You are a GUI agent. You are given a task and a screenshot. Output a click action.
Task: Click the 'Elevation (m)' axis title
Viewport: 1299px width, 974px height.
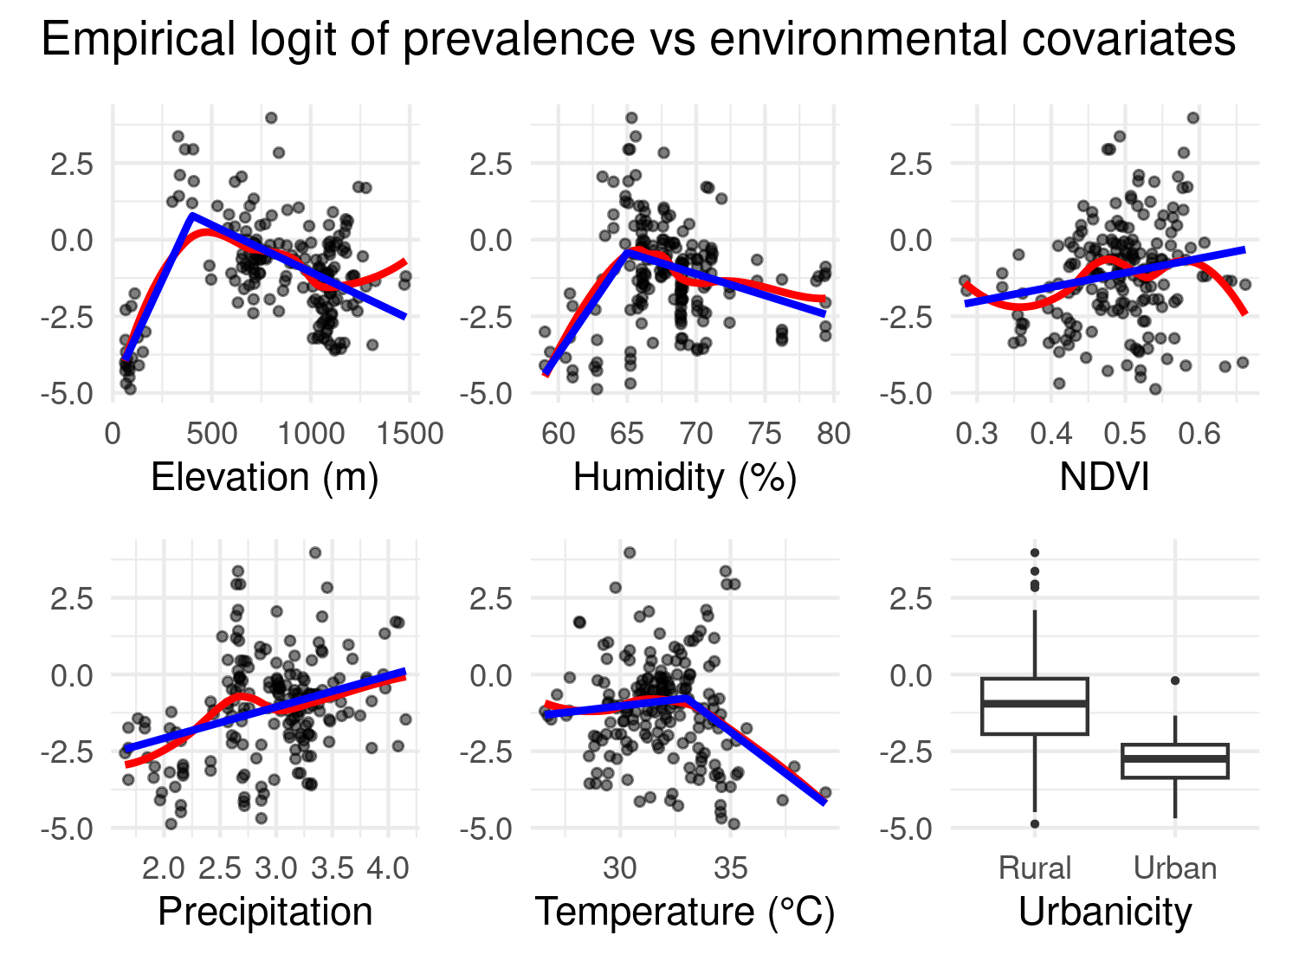click(265, 477)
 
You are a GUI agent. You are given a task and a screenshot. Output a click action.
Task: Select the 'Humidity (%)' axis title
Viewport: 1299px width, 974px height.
click(685, 477)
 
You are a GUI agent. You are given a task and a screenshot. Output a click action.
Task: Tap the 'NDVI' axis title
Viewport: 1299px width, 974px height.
click(1105, 477)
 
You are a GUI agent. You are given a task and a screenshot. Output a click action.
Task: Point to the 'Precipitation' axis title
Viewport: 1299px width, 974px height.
click(265, 912)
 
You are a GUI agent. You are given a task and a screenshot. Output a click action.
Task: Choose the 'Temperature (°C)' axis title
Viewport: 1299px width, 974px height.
click(685, 912)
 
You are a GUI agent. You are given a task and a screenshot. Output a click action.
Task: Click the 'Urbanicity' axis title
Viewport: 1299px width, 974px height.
click(1105, 912)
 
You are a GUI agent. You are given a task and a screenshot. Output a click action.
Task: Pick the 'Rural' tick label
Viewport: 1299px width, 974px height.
click(1035, 868)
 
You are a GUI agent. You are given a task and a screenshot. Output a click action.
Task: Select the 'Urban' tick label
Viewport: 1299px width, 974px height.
click(1175, 868)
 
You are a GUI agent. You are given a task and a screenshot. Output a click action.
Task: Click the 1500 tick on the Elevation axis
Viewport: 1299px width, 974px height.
click(405, 433)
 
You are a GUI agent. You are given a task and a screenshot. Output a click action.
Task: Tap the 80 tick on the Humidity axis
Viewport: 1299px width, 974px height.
click(833, 433)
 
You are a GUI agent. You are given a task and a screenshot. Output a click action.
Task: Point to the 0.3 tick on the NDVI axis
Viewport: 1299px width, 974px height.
click(977, 433)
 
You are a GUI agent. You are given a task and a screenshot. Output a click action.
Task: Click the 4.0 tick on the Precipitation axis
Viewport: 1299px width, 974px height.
click(387, 868)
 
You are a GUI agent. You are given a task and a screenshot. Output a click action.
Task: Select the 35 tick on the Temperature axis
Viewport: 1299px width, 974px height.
click(730, 868)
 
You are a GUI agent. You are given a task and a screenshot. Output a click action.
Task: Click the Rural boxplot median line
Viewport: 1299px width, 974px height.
click(1035, 703)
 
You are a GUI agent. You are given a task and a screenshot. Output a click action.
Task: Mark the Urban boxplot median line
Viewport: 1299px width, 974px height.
click(1175, 758)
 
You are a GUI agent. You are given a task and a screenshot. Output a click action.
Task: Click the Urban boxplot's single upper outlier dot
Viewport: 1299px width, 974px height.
click(1175, 681)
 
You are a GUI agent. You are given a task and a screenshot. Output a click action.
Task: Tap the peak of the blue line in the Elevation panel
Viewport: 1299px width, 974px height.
click(191, 215)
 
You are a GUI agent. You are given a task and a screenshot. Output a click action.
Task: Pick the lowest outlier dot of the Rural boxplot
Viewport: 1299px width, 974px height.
click(1035, 823)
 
